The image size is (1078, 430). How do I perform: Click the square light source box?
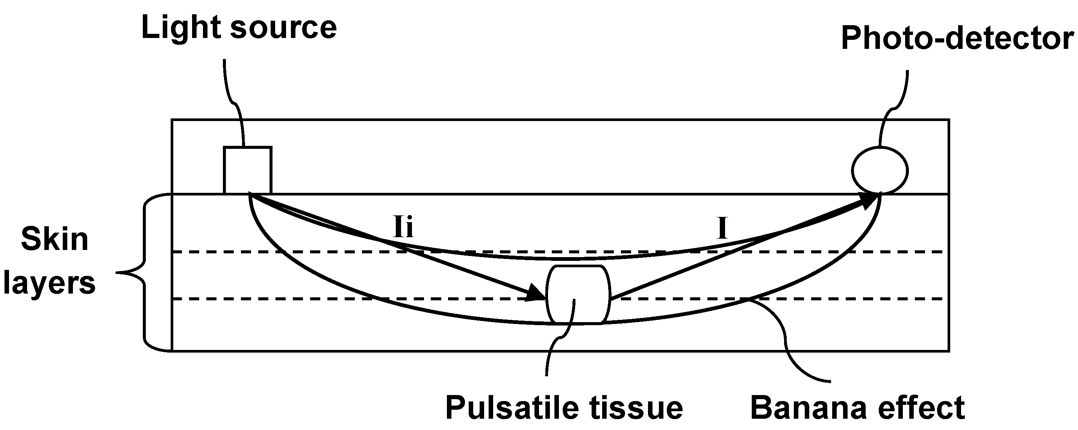click(x=248, y=170)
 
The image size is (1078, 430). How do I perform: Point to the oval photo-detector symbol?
click(x=880, y=171)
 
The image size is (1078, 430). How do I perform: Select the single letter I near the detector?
click(x=722, y=229)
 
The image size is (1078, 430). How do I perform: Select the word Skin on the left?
click(x=55, y=240)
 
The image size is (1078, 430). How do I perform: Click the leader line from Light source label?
click(x=233, y=100)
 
